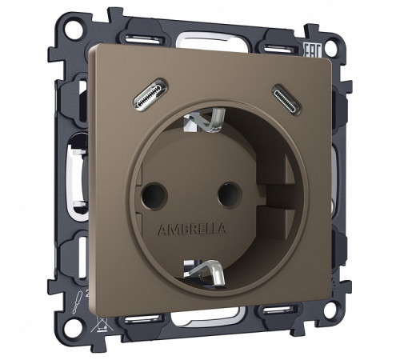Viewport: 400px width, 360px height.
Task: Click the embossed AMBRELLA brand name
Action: point(193,227)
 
